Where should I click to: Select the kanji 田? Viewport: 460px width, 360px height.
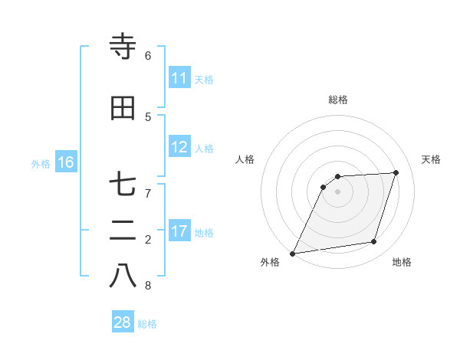pos(123,109)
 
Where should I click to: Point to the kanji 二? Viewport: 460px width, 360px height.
pos(123,231)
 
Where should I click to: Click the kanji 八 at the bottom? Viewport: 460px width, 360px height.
pos(123,277)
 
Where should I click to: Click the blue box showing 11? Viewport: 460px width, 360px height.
pos(179,78)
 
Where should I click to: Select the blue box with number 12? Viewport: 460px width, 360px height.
pos(179,147)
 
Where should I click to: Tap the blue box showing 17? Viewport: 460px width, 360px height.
pos(179,231)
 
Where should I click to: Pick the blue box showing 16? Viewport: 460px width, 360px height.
pos(66,162)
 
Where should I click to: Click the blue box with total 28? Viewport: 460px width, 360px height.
pos(123,322)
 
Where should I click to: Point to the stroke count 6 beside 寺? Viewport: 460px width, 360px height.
pos(148,56)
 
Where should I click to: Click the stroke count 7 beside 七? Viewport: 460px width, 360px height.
pos(148,194)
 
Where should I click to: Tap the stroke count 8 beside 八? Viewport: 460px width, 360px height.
pos(148,286)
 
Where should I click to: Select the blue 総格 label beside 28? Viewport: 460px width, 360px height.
pos(147,324)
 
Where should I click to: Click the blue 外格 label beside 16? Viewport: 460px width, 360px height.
pos(41,163)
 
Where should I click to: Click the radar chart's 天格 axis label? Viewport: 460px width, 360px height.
pos(432,159)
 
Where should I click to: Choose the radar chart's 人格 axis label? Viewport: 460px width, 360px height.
pos(245,159)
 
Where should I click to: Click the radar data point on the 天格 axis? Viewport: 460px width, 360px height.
pos(396,172)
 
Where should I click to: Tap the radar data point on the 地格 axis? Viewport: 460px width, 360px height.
pos(374,242)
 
